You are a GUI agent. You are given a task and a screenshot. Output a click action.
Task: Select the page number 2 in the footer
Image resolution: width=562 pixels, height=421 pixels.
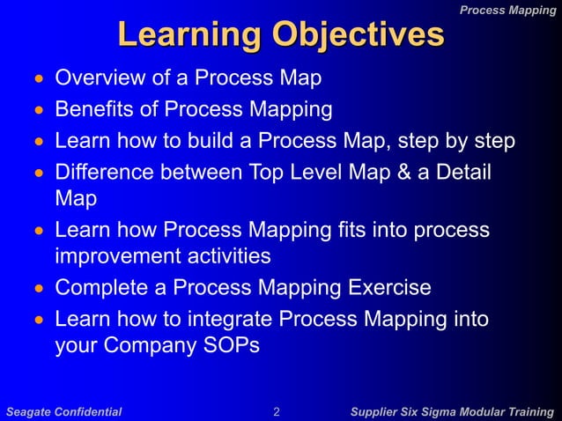coord(277,411)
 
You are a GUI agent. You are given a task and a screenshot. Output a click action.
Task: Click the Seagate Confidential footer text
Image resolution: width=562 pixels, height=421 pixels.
coord(64,411)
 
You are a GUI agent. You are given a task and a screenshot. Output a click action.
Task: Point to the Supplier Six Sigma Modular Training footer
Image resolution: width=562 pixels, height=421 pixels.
coord(452,411)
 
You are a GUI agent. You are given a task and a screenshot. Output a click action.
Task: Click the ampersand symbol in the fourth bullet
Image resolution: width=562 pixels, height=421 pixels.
coord(404,172)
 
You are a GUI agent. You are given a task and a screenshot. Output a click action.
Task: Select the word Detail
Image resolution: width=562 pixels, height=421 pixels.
coord(462,172)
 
